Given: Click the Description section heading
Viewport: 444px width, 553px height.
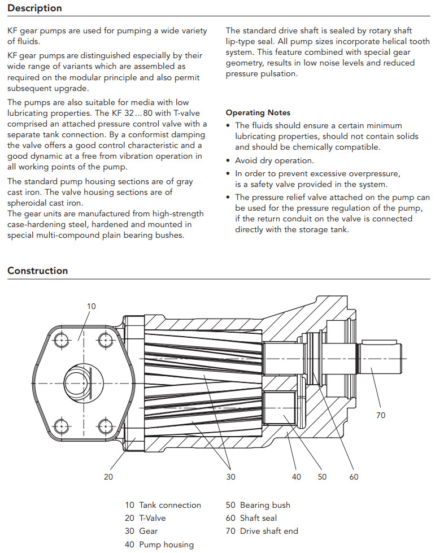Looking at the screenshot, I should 34,8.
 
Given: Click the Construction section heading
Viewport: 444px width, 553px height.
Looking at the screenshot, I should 37,271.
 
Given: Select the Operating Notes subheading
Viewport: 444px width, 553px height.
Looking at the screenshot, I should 258,113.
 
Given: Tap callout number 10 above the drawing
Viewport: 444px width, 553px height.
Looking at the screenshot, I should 92,306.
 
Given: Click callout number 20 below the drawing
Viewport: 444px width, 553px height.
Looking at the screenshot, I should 108,477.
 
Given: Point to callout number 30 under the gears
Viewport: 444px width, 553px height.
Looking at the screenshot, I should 230,477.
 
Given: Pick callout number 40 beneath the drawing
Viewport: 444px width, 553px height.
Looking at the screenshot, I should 297,477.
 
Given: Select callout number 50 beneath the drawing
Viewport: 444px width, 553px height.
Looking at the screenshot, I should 322,477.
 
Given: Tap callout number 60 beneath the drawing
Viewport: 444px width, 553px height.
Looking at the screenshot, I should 354,477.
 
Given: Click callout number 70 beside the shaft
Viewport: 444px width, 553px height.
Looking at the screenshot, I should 381,415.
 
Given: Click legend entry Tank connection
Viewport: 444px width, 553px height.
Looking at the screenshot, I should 163,505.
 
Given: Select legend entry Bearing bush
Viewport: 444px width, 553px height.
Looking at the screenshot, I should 258,505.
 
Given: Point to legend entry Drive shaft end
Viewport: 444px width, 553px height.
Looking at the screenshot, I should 262,531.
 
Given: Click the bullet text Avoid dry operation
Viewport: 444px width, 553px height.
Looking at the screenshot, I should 275,161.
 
